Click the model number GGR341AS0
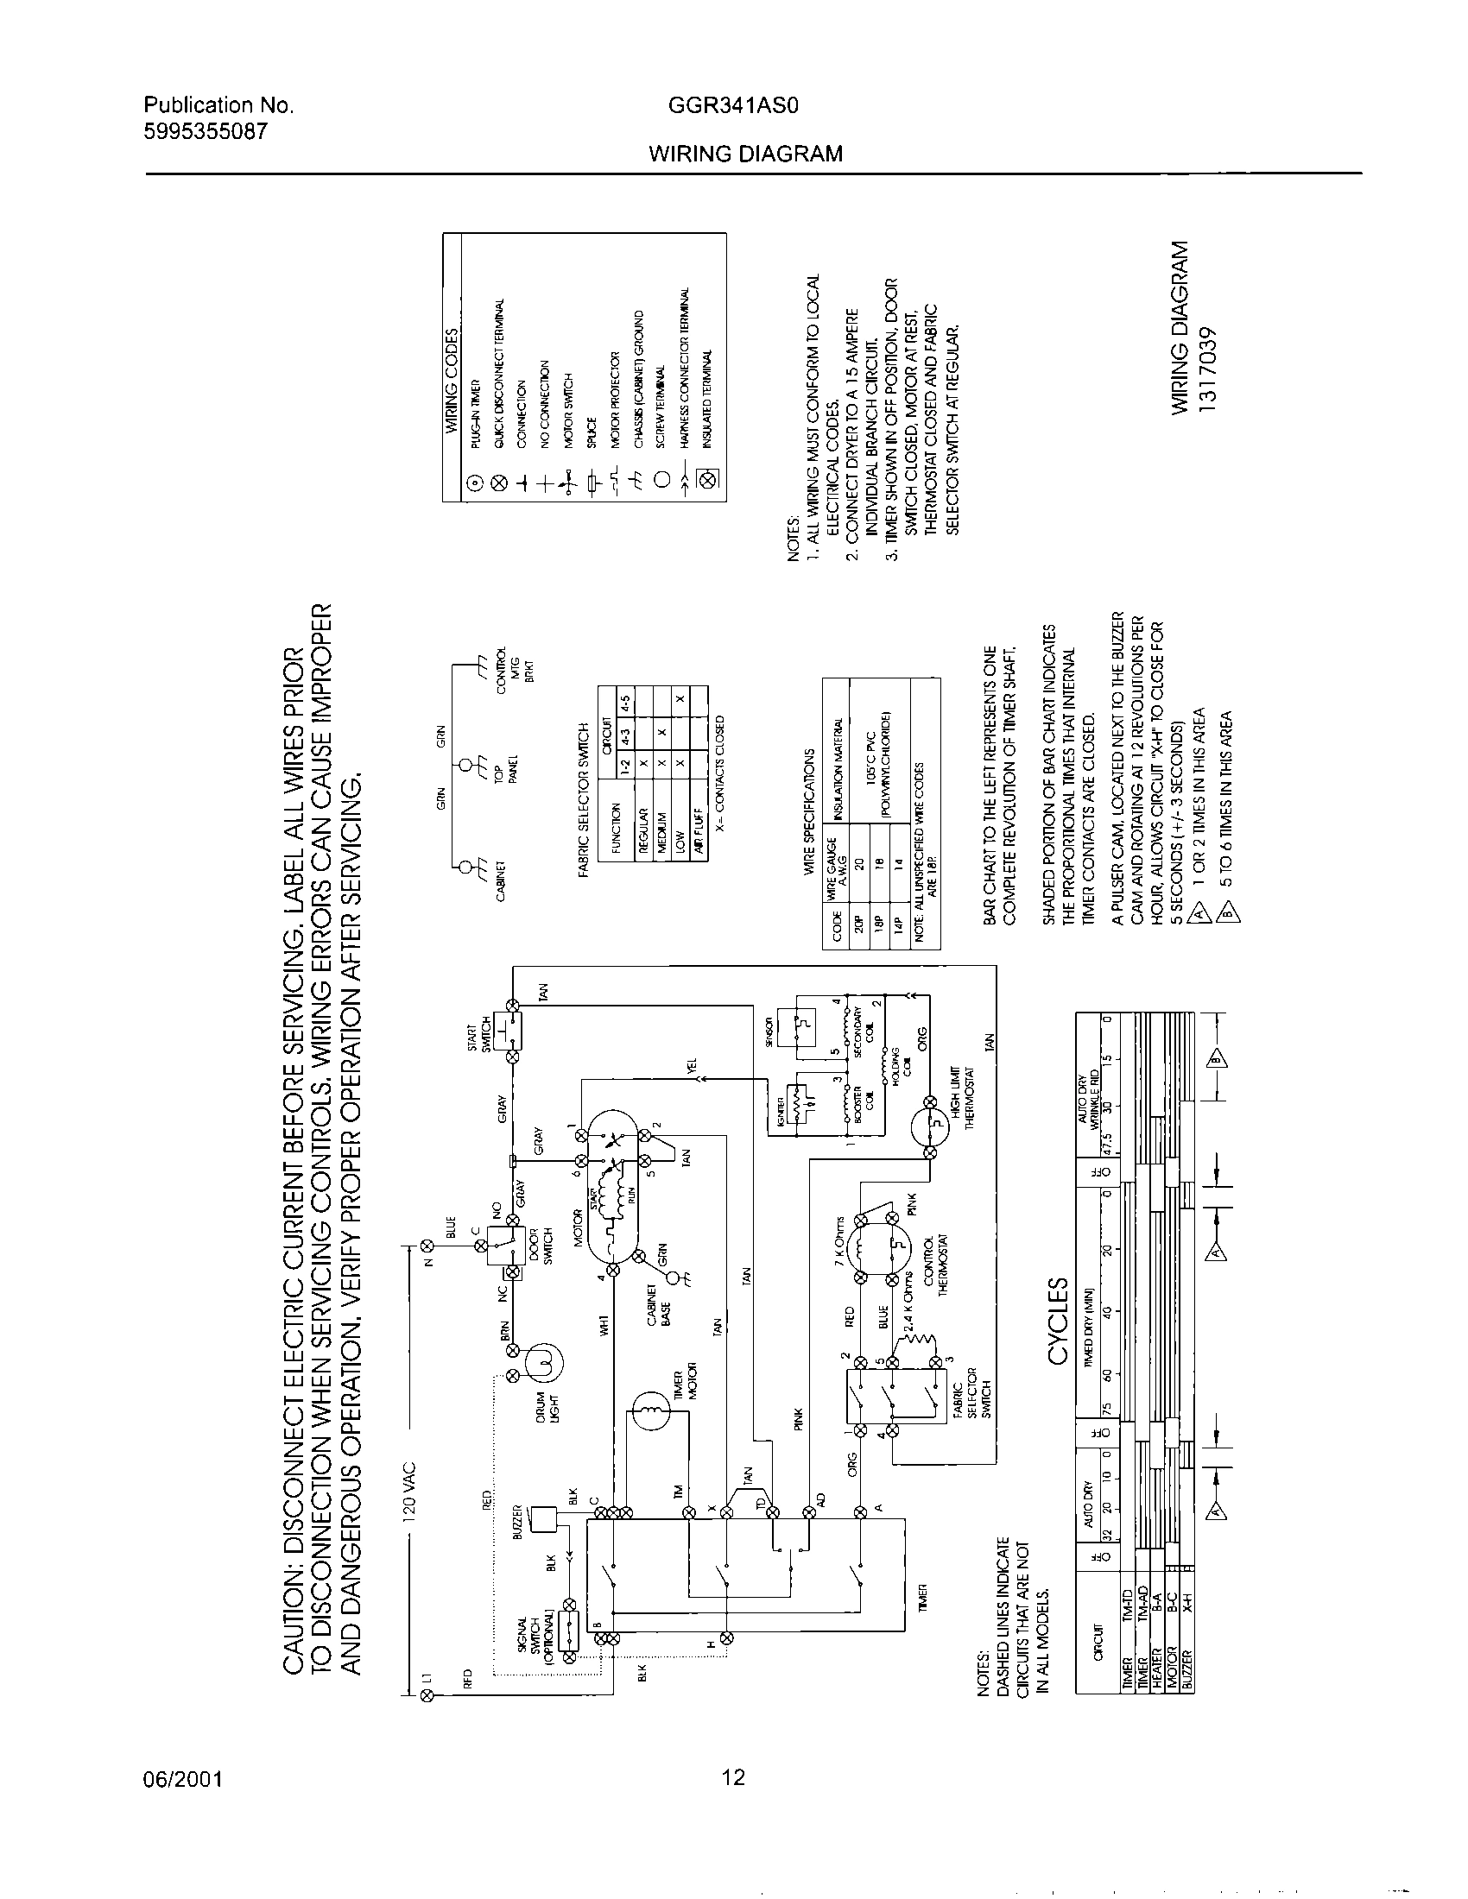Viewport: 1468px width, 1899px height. pyautogui.click(x=734, y=106)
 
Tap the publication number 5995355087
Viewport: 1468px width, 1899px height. pyautogui.click(x=206, y=131)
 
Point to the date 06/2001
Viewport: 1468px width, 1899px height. pyautogui.click(x=182, y=1778)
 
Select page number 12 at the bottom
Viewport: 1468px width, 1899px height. pyautogui.click(x=734, y=1776)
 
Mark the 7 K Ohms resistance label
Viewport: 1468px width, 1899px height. pyautogui.click(x=841, y=1239)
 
